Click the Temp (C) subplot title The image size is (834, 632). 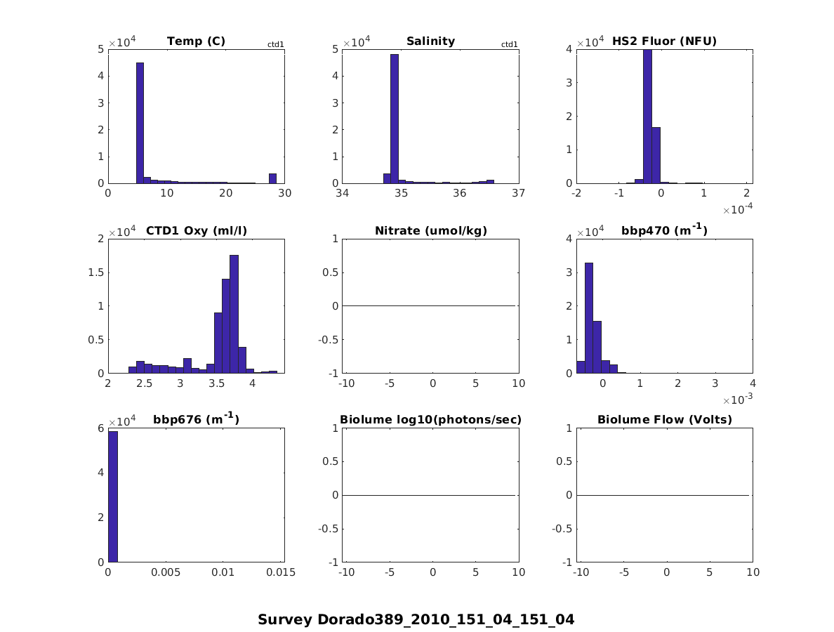click(196, 41)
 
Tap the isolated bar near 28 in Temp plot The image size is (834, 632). click(272, 178)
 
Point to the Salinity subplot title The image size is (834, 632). click(430, 41)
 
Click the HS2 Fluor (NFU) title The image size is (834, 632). click(664, 41)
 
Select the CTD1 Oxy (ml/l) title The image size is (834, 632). click(196, 230)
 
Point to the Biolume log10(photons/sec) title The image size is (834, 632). click(430, 420)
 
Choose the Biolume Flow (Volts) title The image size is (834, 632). click(664, 420)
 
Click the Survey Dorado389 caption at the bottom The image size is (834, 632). click(416, 619)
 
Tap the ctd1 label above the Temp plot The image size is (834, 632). click(275, 45)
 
